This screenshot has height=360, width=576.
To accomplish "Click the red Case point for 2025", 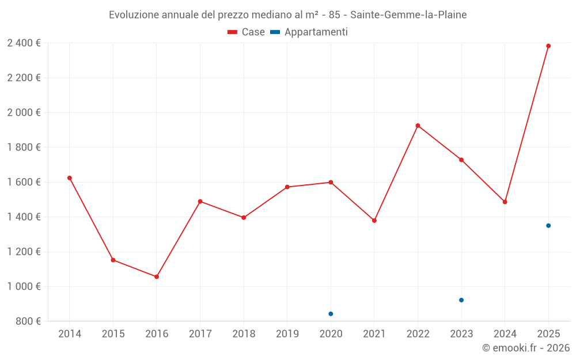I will (x=548, y=46).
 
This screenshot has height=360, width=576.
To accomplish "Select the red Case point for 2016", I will (x=157, y=276).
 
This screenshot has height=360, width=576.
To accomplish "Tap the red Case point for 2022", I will (x=418, y=126).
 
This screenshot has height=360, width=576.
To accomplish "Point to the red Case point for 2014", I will (x=70, y=178).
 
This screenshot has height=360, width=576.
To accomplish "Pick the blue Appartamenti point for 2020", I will (x=331, y=314).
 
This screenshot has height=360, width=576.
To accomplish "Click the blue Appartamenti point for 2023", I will (x=461, y=300).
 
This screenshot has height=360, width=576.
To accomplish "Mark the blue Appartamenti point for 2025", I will (x=548, y=226).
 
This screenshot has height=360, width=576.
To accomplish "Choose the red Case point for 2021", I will (x=374, y=221).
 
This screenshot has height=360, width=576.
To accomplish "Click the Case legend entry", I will (x=247, y=32).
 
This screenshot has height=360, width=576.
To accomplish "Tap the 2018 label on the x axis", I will (x=244, y=334).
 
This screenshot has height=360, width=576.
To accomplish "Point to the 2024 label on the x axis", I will (x=505, y=334).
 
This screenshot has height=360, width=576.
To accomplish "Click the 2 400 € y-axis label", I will (x=24, y=43).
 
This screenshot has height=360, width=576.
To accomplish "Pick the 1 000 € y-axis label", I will (x=24, y=286).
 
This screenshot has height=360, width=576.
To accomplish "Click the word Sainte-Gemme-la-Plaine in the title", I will (x=408, y=14).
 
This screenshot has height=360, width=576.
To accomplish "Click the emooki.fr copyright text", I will (x=526, y=348).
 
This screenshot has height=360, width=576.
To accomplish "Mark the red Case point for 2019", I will (x=287, y=187).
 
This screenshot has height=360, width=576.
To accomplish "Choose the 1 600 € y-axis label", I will (x=24, y=182).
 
